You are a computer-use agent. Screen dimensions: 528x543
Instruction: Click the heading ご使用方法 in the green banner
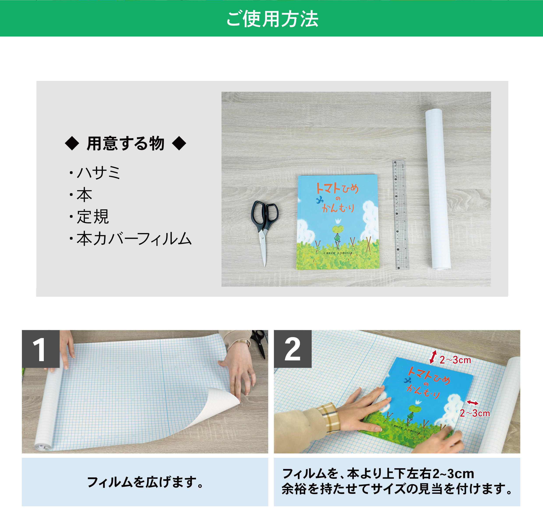(272, 19)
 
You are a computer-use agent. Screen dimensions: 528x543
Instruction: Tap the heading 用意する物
(125, 143)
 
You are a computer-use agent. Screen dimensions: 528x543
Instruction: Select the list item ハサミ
(98, 173)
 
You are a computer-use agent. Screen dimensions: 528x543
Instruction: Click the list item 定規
(93, 217)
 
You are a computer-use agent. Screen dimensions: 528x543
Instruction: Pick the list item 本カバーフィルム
(134, 239)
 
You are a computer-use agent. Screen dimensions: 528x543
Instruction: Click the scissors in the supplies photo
(264, 227)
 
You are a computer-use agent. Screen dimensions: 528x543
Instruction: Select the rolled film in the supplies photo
(438, 189)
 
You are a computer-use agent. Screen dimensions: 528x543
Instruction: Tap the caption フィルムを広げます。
(145, 482)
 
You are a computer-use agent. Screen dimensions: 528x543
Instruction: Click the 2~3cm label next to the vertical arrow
(455, 360)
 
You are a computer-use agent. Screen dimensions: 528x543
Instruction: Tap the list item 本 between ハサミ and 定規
(84, 195)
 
